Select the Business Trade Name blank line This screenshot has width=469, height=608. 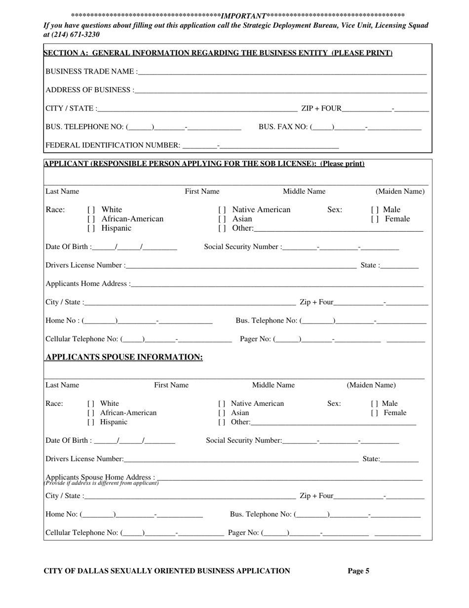pyautogui.click(x=282, y=72)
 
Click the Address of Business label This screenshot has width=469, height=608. pyautogui.click(x=89, y=90)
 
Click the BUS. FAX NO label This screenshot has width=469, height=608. pyautogui.click(x=283, y=127)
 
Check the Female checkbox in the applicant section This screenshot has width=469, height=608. pyautogui.click(x=375, y=219)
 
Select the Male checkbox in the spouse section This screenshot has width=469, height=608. pyautogui.click(x=375, y=403)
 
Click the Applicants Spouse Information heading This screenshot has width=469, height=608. pyautogui.click(x=124, y=357)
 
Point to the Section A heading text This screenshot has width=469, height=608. pyautogui.click(x=218, y=53)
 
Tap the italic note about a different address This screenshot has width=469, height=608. pyautogui.click(x=102, y=483)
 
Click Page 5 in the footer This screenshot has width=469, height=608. pyautogui.click(x=358, y=571)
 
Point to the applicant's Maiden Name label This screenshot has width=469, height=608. pyautogui.click(x=400, y=191)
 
